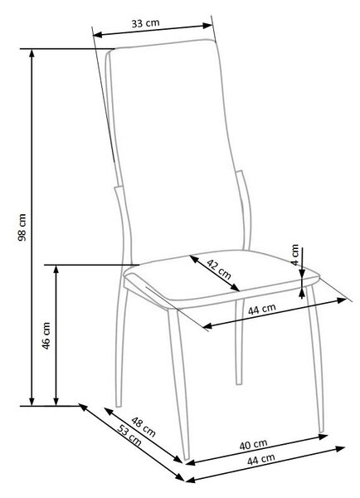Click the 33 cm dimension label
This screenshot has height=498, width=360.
[x=146, y=23]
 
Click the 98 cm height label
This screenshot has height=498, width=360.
[x=22, y=227]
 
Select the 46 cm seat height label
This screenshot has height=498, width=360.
[x=46, y=336]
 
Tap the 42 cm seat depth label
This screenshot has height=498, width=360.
[x=219, y=269]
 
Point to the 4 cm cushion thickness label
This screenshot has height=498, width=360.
[x=295, y=255]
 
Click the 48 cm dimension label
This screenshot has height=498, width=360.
[x=144, y=427]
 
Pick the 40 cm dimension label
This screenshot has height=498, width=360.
[x=253, y=445]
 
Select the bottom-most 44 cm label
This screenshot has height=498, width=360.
[x=261, y=459]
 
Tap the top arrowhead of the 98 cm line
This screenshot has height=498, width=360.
[x=32, y=53]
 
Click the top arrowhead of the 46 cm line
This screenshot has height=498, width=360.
[x=56, y=269]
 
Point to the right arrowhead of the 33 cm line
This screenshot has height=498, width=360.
[x=208, y=26]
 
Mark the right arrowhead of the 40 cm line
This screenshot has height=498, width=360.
[x=324, y=437]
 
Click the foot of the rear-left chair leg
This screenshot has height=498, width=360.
[x=119, y=405]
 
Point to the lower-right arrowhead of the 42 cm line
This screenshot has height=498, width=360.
[x=236, y=288]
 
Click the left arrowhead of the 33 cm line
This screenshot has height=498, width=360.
[x=98, y=35]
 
